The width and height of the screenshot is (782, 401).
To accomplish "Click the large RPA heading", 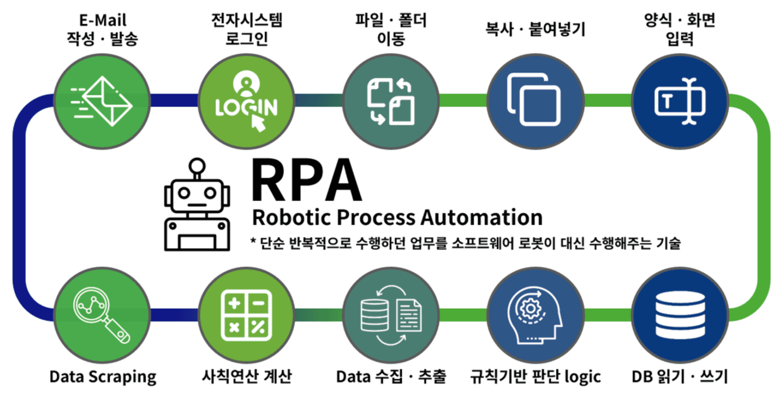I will coord(306,179).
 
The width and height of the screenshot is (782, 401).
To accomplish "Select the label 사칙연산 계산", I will coord(245,376).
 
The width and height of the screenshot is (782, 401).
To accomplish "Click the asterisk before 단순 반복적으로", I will coord(253,241).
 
